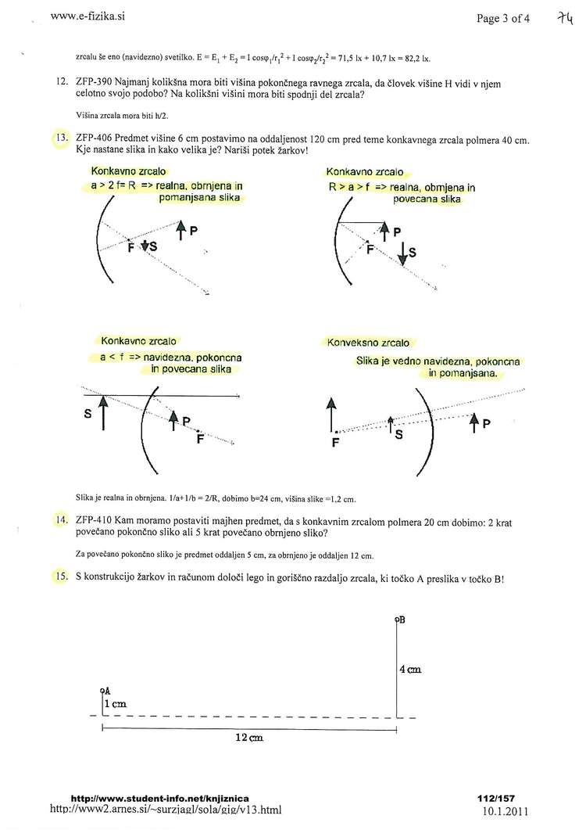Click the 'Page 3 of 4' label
(x=503, y=19)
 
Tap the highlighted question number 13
(x=60, y=141)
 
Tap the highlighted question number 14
(x=60, y=519)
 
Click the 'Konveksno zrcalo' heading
(x=367, y=343)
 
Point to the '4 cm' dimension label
(x=410, y=669)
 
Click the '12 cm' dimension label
(x=248, y=738)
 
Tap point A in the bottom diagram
(x=104, y=690)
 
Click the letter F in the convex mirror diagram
(x=336, y=442)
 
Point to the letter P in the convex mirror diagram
(x=486, y=424)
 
